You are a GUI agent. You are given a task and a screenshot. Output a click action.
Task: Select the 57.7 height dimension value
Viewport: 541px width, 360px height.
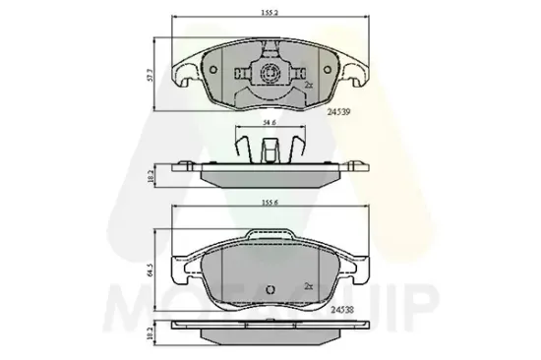(149, 73)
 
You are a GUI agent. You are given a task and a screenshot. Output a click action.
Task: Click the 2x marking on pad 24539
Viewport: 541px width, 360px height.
(309, 86)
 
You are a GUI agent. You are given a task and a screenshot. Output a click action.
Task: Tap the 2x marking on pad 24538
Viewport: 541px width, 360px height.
(309, 286)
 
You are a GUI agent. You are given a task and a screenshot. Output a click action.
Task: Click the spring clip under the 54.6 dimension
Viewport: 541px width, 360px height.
(266, 150)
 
